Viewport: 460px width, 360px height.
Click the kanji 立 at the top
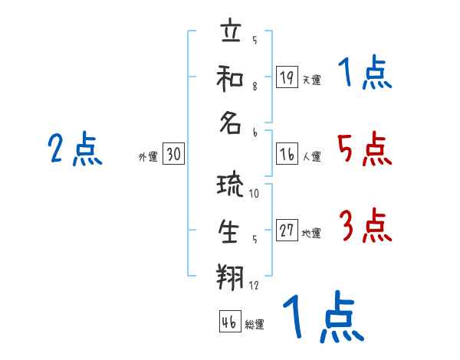[x=231, y=34]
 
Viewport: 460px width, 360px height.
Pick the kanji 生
[x=231, y=231]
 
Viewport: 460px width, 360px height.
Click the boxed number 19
[x=287, y=77]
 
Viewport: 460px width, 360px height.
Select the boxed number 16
[x=287, y=154]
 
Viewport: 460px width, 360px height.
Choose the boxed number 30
[x=173, y=155]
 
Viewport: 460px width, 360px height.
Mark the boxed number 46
[x=228, y=322]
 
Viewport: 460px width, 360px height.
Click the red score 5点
[x=364, y=149]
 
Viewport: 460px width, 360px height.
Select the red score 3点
[x=364, y=227]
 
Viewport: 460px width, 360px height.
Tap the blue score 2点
[x=75, y=149]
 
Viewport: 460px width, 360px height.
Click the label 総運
[x=255, y=325]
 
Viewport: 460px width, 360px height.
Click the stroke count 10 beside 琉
[x=254, y=193]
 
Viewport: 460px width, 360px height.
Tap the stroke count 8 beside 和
[x=255, y=86]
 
